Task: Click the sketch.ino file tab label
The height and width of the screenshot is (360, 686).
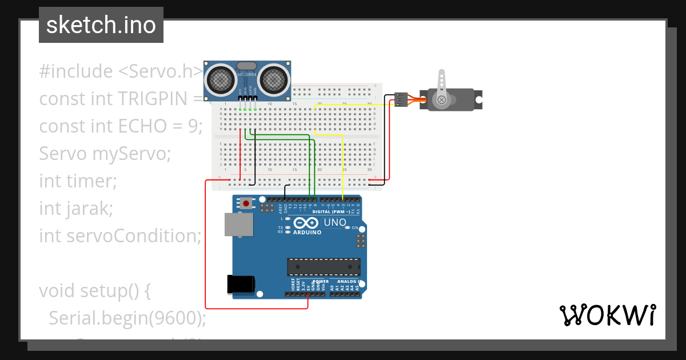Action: [101, 25]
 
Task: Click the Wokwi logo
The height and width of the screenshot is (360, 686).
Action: [607, 315]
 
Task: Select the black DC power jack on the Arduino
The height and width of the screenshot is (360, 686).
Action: [240, 284]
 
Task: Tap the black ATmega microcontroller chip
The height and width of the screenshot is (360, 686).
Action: [324, 266]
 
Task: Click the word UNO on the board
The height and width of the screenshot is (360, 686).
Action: [335, 223]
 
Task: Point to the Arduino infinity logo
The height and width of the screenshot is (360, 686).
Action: [307, 223]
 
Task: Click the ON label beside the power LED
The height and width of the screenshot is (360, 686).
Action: [354, 228]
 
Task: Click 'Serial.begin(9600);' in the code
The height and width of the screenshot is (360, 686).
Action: [127, 318]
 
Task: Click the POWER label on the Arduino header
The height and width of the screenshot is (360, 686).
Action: [321, 282]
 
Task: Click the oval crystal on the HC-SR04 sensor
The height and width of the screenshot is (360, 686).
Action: [247, 67]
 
